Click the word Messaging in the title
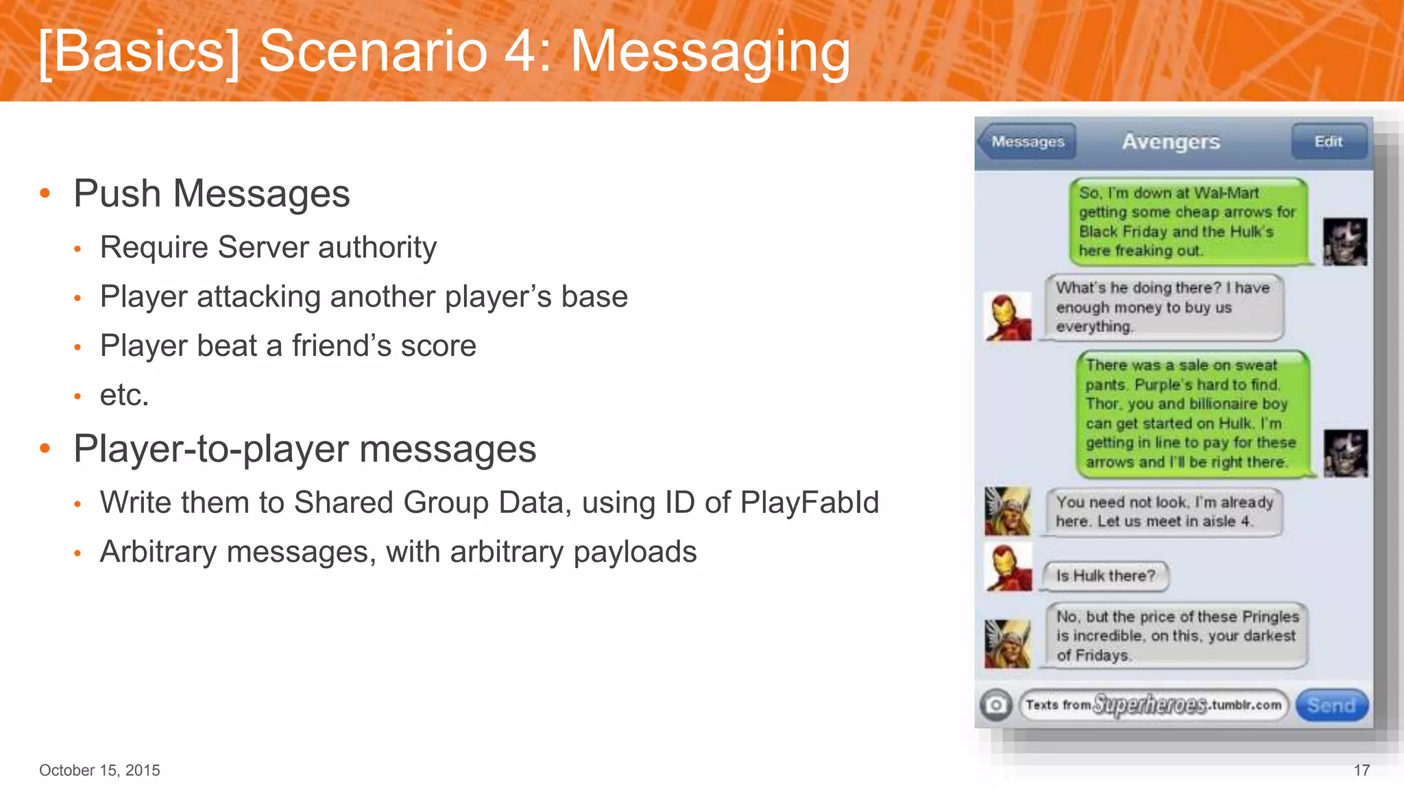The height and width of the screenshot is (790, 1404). pos(710,52)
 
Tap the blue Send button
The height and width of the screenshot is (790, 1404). pos(1331,705)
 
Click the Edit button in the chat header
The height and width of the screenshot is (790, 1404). pos(1328,141)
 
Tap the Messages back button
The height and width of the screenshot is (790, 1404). pos(1027,141)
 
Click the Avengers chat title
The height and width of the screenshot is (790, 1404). pos(1171,141)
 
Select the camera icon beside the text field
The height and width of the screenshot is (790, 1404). pos(995,705)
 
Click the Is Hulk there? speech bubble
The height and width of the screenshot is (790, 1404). pos(1105,576)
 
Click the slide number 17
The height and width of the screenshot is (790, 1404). pos(1361,770)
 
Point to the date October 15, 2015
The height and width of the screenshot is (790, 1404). pos(99,770)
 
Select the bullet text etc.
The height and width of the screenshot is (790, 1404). pos(124,395)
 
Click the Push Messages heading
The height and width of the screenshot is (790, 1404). pos(212,193)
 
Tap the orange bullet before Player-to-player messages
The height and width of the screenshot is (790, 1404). pos(45,449)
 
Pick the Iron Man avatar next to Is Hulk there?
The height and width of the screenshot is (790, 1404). pos(1008,568)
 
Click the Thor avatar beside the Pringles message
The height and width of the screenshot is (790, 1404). pos(1007,643)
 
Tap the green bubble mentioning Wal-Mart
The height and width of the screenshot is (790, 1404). pos(1187,222)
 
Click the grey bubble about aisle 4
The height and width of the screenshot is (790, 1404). pos(1163,512)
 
